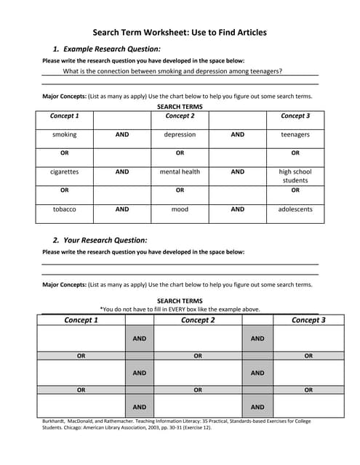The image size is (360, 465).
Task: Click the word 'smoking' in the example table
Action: pyautogui.click(x=64, y=134)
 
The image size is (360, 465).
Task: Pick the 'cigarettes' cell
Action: pyautogui.click(x=64, y=172)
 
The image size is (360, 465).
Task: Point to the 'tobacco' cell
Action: pyautogui.click(x=64, y=209)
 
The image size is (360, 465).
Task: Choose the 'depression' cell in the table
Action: pyautogui.click(x=180, y=134)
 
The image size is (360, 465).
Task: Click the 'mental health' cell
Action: pyautogui.click(x=180, y=172)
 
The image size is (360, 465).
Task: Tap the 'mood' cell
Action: pyautogui.click(x=180, y=209)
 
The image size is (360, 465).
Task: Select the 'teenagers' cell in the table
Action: pyautogui.click(x=295, y=134)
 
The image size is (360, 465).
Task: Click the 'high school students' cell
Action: pyautogui.click(x=295, y=176)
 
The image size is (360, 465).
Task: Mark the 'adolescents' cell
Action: pyautogui.click(x=295, y=209)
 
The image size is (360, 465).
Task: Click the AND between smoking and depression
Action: pyautogui.click(x=122, y=134)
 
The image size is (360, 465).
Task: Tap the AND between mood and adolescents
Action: pyautogui.click(x=238, y=209)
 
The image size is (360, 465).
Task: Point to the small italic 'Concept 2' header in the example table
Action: pyautogui.click(x=180, y=116)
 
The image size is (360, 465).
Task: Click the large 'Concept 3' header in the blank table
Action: pyautogui.click(x=308, y=320)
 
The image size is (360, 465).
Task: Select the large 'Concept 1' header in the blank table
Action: pyautogui.click(x=81, y=320)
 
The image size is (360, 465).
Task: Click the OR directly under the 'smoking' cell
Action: pyautogui.click(x=64, y=153)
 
